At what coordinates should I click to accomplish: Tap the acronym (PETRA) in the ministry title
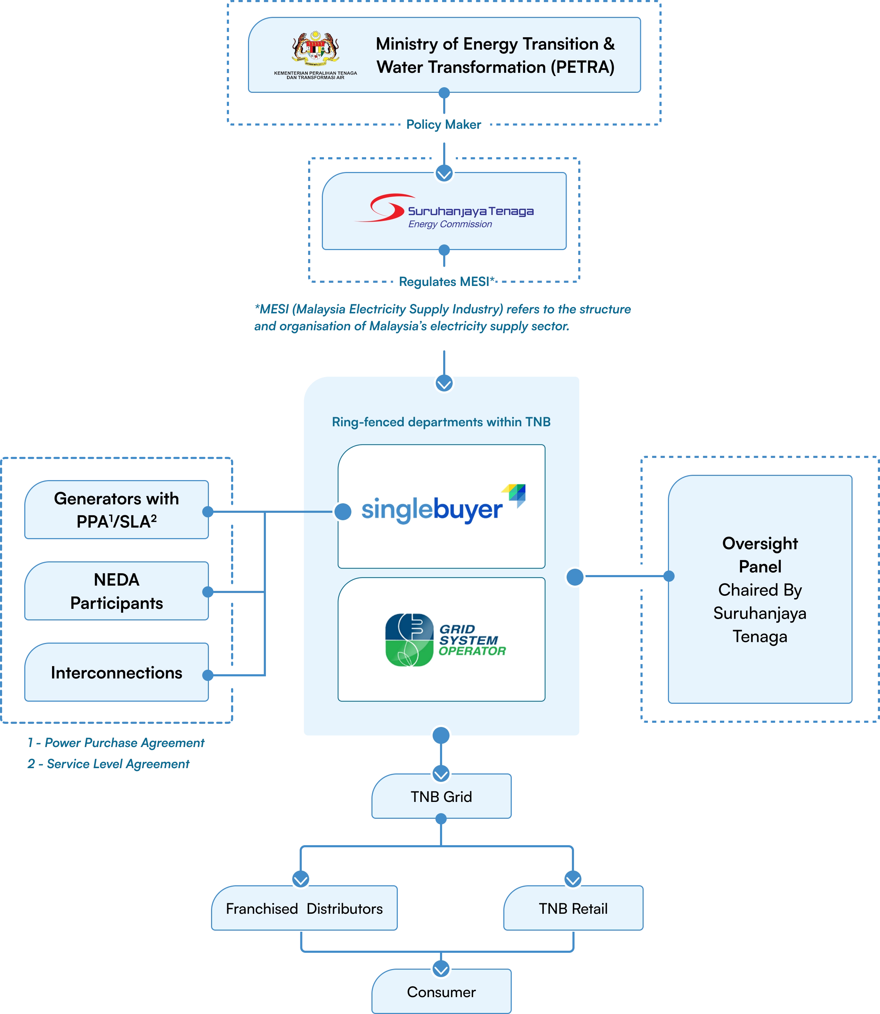click(582, 67)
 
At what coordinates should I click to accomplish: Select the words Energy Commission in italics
click(450, 224)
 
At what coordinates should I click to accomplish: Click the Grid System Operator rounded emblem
click(409, 640)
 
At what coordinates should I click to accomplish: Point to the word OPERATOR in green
click(472, 651)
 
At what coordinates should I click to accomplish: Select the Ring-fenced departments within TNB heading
click(441, 422)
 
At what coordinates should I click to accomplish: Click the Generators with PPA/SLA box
click(116, 510)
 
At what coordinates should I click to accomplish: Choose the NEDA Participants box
click(116, 591)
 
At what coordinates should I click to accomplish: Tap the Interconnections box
click(116, 673)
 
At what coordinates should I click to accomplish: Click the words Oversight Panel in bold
click(760, 555)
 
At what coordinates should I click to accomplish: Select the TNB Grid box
click(441, 797)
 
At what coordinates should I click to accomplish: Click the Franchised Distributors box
click(305, 909)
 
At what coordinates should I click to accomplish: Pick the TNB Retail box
click(573, 909)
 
